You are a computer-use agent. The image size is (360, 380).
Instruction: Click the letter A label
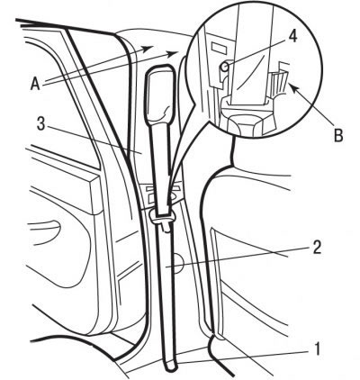tap(35, 84)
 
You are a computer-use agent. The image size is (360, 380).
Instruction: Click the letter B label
tap(338, 135)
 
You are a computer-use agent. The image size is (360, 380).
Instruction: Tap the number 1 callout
tap(317, 349)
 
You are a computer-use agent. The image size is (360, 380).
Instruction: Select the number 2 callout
tap(317, 248)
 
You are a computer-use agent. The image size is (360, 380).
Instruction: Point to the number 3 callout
tap(40, 123)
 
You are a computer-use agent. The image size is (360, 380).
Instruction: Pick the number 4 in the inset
tap(292, 37)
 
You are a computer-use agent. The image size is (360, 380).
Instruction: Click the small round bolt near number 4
tap(225, 68)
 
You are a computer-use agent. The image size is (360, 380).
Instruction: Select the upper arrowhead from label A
tap(149, 49)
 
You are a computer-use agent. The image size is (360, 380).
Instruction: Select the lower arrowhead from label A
tap(174, 53)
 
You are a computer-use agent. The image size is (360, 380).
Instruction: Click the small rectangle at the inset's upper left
tap(218, 47)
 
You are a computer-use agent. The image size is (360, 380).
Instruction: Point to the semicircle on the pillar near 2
tap(178, 264)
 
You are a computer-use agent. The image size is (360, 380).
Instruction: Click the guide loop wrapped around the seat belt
tap(162, 217)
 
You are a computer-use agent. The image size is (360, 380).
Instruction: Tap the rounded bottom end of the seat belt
tap(171, 366)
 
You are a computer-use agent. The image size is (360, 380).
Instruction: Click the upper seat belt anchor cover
tap(159, 93)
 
